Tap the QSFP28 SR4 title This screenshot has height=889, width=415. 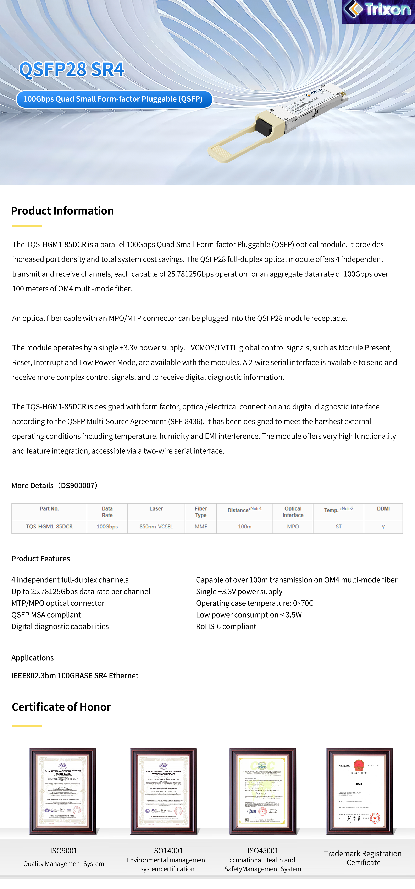point(72,69)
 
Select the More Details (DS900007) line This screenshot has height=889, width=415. point(54,486)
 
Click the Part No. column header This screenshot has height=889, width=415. point(49,509)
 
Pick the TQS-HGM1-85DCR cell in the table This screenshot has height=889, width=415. point(49,527)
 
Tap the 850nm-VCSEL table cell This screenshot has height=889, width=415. point(156,527)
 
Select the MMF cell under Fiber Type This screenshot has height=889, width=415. point(201,527)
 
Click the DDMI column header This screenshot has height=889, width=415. point(383,509)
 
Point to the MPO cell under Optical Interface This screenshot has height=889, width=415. point(293,527)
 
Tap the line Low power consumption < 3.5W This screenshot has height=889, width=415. point(249,615)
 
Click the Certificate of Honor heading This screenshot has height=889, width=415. point(61,707)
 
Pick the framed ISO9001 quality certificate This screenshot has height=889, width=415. point(63,791)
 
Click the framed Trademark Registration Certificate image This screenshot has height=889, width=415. point(360,791)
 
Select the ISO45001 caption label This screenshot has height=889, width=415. point(263,851)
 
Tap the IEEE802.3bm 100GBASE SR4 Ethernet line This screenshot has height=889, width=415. point(75,676)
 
